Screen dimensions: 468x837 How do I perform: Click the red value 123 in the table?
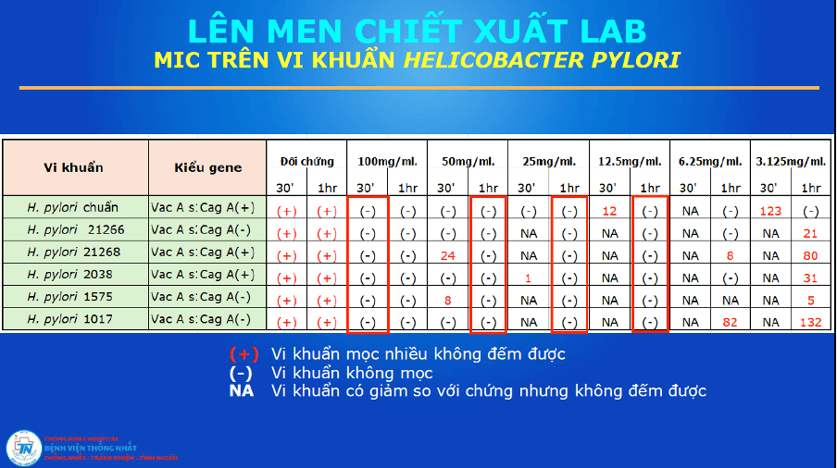(x=771, y=211)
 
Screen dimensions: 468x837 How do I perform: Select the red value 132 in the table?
(x=811, y=322)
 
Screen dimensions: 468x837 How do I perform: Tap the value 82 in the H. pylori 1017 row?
(x=731, y=322)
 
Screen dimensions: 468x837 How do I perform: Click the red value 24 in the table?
(x=447, y=255)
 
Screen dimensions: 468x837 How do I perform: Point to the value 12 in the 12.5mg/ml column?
(x=609, y=211)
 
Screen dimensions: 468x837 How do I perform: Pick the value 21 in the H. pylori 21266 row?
(x=811, y=233)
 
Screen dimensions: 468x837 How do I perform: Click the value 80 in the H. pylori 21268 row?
(x=811, y=255)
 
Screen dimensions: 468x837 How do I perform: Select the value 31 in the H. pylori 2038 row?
(x=811, y=277)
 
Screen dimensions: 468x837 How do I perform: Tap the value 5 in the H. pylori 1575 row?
(x=811, y=300)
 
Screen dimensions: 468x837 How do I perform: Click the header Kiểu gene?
(x=208, y=167)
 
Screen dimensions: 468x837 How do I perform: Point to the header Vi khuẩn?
(x=74, y=167)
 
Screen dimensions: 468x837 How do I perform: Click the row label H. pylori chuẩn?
(x=73, y=208)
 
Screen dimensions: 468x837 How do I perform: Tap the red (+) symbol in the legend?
(x=244, y=354)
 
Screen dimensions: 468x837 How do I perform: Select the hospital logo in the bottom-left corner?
(x=22, y=449)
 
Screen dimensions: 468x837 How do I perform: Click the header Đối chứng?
(x=306, y=161)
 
